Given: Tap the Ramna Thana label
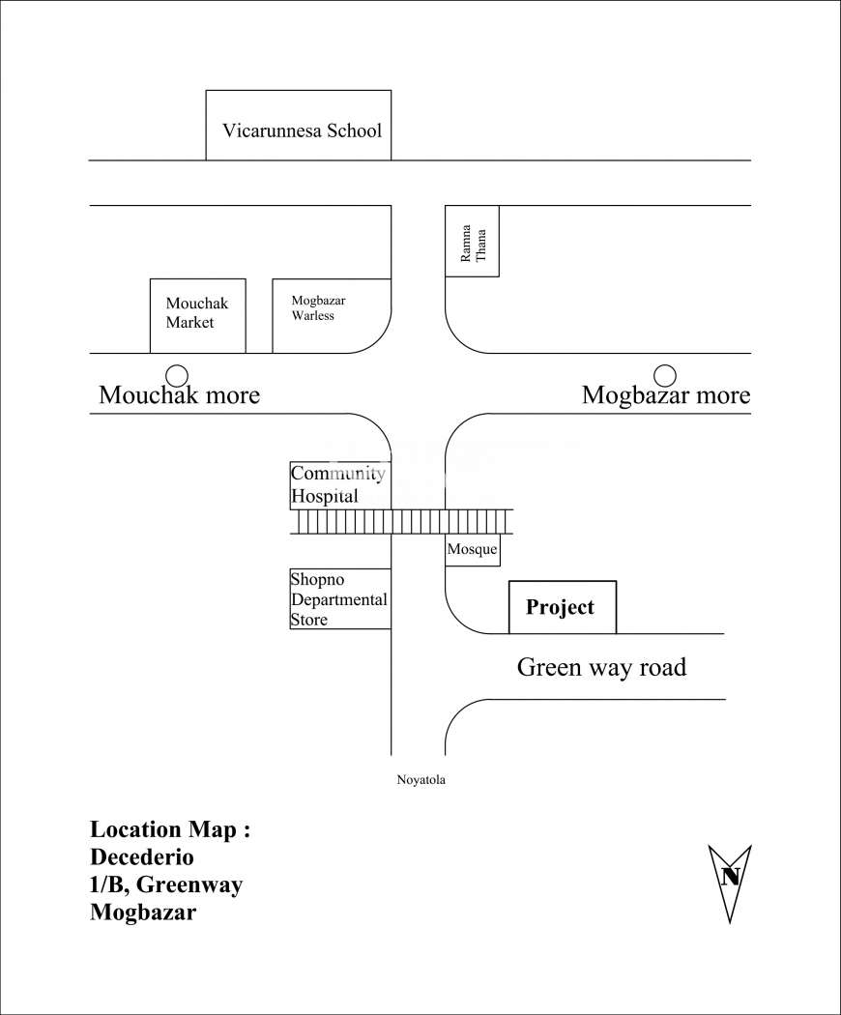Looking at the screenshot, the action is pyautogui.click(x=473, y=244).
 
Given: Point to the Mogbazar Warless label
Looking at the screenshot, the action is pyautogui.click(x=318, y=308).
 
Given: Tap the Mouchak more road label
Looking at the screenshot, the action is pyautogui.click(x=180, y=394).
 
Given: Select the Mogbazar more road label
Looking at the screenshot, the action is pyautogui.click(x=666, y=394).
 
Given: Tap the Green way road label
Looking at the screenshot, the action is pyautogui.click(x=601, y=667).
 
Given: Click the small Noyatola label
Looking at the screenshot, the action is pyautogui.click(x=420, y=780).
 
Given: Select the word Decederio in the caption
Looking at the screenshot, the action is pyautogui.click(x=142, y=857).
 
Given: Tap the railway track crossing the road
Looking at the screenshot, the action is pyautogui.click(x=401, y=522).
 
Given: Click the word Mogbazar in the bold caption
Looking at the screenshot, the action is pyautogui.click(x=143, y=913).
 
